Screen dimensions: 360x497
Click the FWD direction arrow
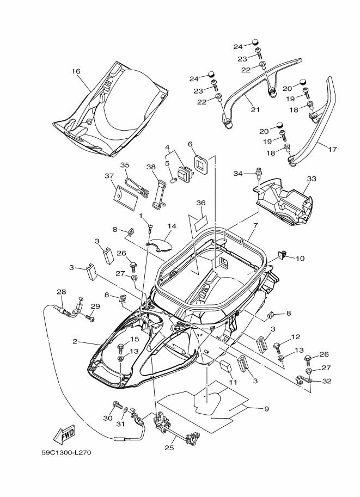tap(64, 434)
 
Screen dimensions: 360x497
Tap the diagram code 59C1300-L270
tap(66, 452)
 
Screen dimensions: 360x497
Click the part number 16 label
tap(76, 71)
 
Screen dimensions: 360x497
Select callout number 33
tap(312, 179)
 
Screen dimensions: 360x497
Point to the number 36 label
tap(201, 203)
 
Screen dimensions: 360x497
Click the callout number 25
tap(169, 448)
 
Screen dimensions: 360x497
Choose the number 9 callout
tap(266, 409)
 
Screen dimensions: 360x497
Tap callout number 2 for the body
tap(75, 341)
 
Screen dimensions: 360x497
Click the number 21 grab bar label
tap(255, 109)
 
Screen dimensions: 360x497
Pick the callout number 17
tap(332, 149)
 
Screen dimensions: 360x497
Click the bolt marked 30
tap(117, 406)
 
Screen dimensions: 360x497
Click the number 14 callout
tap(172, 226)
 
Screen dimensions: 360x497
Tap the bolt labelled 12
tap(277, 348)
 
